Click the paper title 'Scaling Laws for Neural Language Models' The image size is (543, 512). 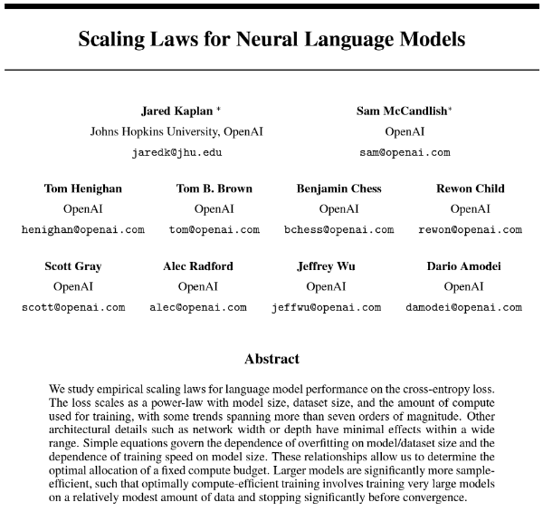coord(271,40)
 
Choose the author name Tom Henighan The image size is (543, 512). coord(83,188)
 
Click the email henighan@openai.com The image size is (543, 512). coord(83,229)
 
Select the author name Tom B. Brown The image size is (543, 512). coord(214,188)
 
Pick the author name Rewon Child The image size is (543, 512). coord(471,188)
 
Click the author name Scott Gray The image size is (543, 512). coord(73,266)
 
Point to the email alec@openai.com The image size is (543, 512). coord(198,307)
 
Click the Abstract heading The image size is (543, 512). coord(271,358)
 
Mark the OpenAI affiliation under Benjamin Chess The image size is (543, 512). coord(339,209)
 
